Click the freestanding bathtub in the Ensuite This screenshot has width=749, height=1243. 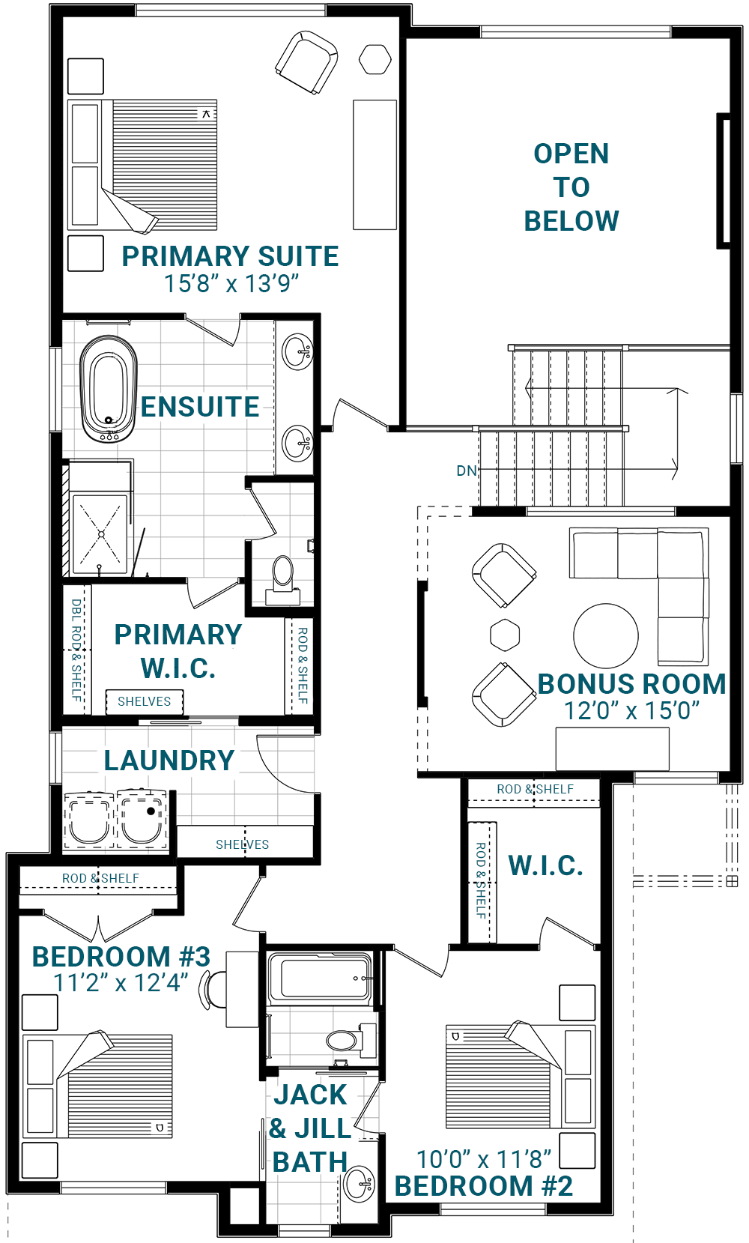108,389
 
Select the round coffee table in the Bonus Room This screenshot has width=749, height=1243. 606,636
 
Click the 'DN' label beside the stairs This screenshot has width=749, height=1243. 467,471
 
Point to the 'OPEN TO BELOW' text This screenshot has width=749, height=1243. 571,187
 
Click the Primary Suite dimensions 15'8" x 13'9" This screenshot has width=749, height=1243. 231,283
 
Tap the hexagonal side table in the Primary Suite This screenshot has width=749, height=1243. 375,59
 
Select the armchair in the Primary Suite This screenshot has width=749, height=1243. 306,62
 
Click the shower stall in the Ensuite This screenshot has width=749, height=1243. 100,534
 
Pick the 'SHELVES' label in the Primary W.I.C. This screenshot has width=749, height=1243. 145,701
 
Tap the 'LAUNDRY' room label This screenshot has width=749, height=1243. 169,760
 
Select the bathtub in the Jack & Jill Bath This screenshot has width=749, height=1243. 320,978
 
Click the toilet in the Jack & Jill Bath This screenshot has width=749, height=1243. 350,1039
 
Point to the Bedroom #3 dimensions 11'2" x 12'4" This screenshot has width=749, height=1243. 121,983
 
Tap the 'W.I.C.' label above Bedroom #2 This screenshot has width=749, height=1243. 546,865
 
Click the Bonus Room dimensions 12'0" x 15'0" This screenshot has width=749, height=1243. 632,711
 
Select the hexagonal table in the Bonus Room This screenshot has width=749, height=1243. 505,635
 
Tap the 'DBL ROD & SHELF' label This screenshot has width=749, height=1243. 77,650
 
